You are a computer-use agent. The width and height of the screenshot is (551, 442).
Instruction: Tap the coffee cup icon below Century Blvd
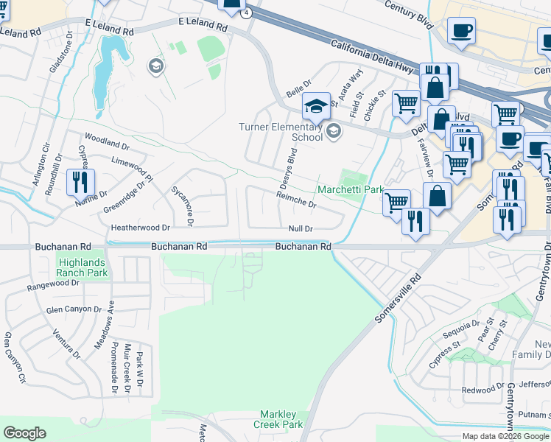click(x=461, y=31)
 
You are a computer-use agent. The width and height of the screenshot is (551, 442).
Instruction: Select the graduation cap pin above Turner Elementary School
click(x=316, y=106)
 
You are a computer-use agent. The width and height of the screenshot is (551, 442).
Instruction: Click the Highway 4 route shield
click(x=246, y=13)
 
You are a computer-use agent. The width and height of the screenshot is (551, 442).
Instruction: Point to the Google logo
click(x=24, y=433)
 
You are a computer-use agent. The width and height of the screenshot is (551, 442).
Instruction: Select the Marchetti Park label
click(x=350, y=190)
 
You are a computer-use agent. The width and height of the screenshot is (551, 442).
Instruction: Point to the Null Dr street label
click(x=301, y=229)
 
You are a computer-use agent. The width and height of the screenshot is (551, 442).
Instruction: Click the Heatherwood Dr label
click(x=140, y=228)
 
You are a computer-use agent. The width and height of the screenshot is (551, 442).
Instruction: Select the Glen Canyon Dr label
click(x=73, y=309)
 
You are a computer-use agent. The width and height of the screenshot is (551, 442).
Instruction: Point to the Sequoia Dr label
click(x=460, y=327)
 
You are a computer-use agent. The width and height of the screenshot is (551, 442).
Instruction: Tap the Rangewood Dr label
click(x=52, y=287)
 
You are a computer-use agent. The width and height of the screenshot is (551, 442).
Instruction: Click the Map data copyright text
click(x=505, y=436)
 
